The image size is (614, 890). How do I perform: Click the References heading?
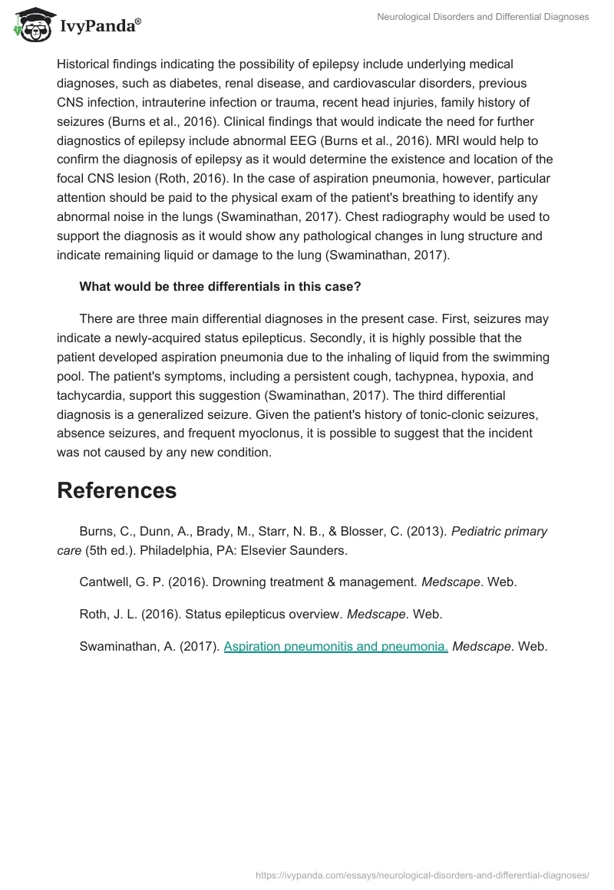pyautogui.click(x=117, y=490)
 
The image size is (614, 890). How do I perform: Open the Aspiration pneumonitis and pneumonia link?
pyautogui.click(x=335, y=646)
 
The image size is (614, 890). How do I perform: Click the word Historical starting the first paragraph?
pyautogui.click(x=84, y=64)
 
